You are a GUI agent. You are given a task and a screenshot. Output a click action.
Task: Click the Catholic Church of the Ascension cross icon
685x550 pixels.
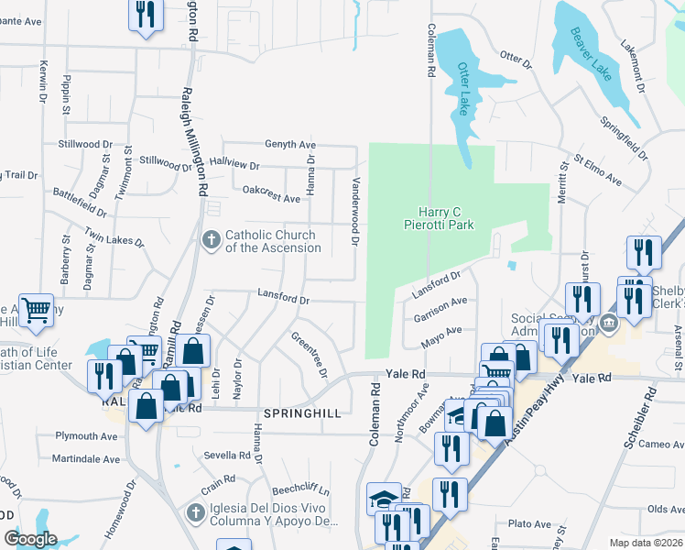pyautogui.click(x=211, y=241)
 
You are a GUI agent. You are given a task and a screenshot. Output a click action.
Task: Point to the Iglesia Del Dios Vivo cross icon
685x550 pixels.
pyautogui.click(x=194, y=514)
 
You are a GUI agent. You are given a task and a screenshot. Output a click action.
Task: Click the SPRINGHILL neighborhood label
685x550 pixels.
pyautogui.click(x=302, y=413)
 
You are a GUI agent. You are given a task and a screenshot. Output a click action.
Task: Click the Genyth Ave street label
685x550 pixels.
pyautogui.click(x=290, y=145)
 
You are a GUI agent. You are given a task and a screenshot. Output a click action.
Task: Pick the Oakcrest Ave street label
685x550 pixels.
pyautogui.click(x=272, y=194)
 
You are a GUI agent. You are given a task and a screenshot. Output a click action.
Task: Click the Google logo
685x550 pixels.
pyautogui.click(x=30, y=539)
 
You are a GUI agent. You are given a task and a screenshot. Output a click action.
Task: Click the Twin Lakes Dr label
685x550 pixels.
pyautogui.click(x=114, y=237)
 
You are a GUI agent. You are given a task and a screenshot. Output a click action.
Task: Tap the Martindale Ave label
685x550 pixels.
pyautogui.click(x=86, y=458)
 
